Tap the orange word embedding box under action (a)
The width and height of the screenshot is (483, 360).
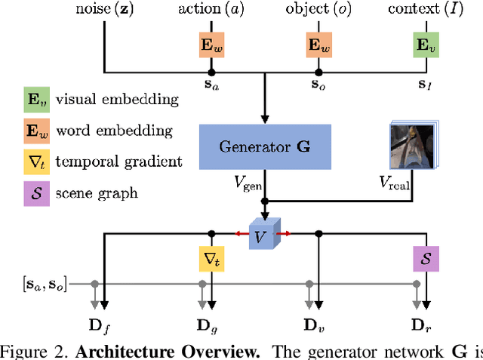(x=211, y=45)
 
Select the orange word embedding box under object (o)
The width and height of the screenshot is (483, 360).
(x=317, y=45)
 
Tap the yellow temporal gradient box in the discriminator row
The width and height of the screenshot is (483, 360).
(x=211, y=259)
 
